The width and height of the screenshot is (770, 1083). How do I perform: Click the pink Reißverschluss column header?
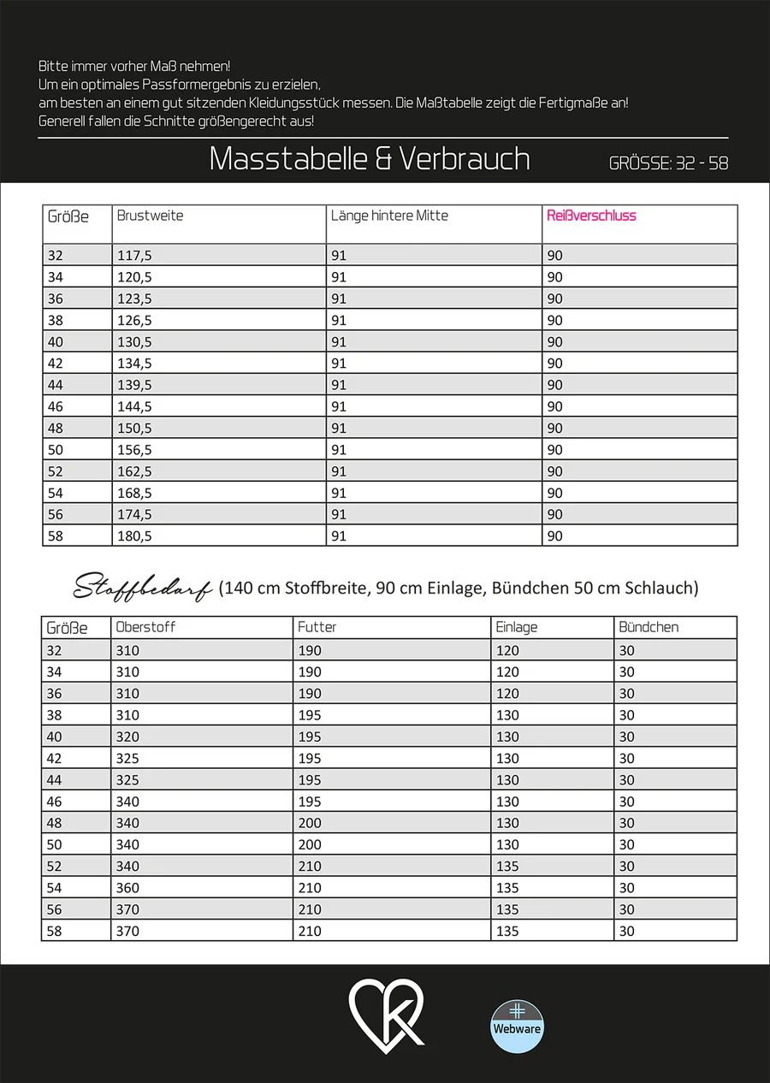pos(591,216)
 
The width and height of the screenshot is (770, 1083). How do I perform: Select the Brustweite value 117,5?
pos(135,256)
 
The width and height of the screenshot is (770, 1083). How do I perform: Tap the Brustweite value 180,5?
pos(135,536)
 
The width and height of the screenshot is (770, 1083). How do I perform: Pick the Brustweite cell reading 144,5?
pos(135,406)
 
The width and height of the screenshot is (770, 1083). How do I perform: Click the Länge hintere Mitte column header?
pos(389,216)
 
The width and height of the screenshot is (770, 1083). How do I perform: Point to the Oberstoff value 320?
pos(127,737)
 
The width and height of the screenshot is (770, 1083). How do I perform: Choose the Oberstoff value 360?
pos(127,888)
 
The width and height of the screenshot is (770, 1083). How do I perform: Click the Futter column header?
pos(317,627)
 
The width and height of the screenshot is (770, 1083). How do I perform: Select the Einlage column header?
pos(517,627)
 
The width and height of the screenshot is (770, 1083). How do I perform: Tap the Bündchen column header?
pos(648,627)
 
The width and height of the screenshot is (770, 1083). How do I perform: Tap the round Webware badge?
pos(517,1026)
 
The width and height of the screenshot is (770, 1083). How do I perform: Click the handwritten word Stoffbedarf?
pos(143,588)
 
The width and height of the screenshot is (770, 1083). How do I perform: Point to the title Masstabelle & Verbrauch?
pos(370,159)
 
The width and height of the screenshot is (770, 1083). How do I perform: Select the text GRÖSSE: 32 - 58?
pos(668,163)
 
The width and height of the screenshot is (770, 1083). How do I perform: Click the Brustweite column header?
pos(150,216)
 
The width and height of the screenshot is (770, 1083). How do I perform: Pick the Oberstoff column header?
pos(145,627)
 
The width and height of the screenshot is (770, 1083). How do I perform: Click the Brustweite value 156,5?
pos(135,450)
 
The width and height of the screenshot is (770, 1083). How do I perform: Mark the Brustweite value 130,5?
pos(135,342)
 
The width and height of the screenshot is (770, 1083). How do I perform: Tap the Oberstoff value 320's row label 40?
pos(55,737)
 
